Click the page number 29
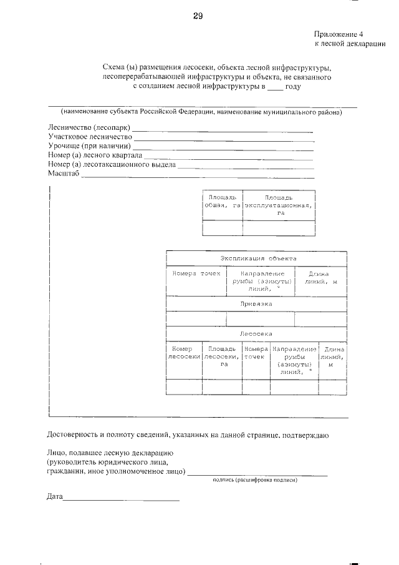click(x=198, y=17)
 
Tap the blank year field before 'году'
click(x=275, y=87)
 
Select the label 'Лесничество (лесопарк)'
click(x=89, y=128)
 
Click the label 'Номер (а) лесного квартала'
click(x=95, y=155)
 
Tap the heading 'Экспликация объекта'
click(x=258, y=258)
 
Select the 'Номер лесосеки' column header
click(x=184, y=352)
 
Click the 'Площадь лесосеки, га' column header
click(x=221, y=356)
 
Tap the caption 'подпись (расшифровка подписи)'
click(x=254, y=480)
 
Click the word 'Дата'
click(x=55, y=497)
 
